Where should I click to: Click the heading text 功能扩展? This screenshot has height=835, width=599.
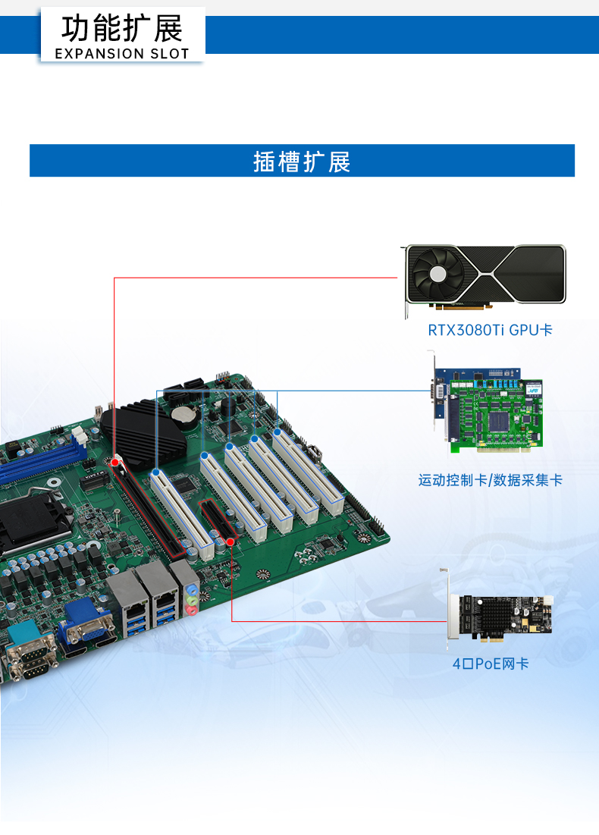click(122, 29)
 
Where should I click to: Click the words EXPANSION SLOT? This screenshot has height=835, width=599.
click(122, 54)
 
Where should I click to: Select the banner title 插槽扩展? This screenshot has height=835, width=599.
click(302, 162)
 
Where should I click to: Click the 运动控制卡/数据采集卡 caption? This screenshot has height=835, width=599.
click(490, 480)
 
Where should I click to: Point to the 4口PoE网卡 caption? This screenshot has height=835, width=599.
click(490, 664)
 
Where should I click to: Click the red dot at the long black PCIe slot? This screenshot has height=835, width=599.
click(115, 461)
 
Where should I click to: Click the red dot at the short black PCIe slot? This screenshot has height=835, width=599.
click(230, 542)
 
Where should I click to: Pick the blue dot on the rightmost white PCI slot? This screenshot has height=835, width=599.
click(278, 432)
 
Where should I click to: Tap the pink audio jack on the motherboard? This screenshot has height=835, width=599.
click(193, 609)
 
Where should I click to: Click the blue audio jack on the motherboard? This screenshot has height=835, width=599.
click(193, 588)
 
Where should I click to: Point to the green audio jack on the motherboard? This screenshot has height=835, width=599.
click(193, 598)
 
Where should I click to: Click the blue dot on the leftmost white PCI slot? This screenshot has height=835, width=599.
click(155, 472)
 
